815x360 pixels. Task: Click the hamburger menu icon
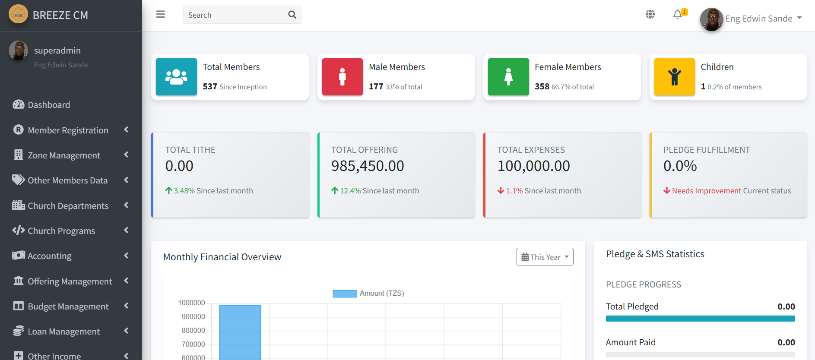pyautogui.click(x=161, y=14)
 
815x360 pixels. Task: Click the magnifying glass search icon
pyautogui.click(x=292, y=15)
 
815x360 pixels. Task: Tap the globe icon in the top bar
pyautogui.click(x=650, y=14)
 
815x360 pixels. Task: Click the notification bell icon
pyautogui.click(x=678, y=15)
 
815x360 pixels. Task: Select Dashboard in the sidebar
pyautogui.click(x=49, y=105)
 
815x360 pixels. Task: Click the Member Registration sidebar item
pyautogui.click(x=68, y=130)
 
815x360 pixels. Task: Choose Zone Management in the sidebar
pyautogui.click(x=64, y=155)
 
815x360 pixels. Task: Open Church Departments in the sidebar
pyautogui.click(x=68, y=206)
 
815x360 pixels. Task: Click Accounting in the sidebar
pyautogui.click(x=50, y=256)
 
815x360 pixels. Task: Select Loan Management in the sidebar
pyautogui.click(x=63, y=332)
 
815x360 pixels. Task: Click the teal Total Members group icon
pyautogui.click(x=176, y=77)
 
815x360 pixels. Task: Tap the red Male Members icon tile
pyautogui.click(x=342, y=77)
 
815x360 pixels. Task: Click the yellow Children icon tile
pyautogui.click(x=674, y=77)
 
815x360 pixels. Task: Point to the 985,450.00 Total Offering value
pyautogui.click(x=368, y=166)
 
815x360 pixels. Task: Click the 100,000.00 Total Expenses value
pyautogui.click(x=533, y=166)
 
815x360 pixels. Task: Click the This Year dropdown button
pyautogui.click(x=545, y=257)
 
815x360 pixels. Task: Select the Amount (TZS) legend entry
pyautogui.click(x=368, y=294)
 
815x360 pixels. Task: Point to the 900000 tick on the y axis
pyautogui.click(x=193, y=316)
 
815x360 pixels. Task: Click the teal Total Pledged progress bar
pyautogui.click(x=700, y=319)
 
